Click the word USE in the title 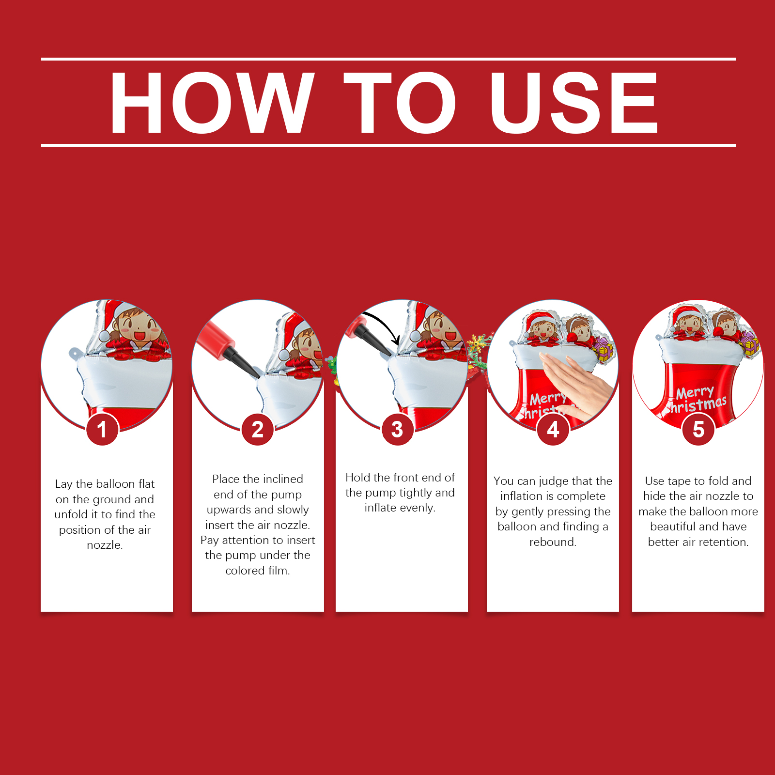(x=574, y=102)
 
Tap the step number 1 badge (x=102, y=429)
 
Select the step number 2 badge (x=258, y=429)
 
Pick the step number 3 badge (x=397, y=429)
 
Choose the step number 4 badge (x=553, y=429)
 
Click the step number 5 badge (x=698, y=429)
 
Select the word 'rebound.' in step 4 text (x=553, y=542)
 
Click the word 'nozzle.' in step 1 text (x=105, y=545)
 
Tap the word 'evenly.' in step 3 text (x=400, y=508)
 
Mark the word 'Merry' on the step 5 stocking (x=695, y=392)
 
